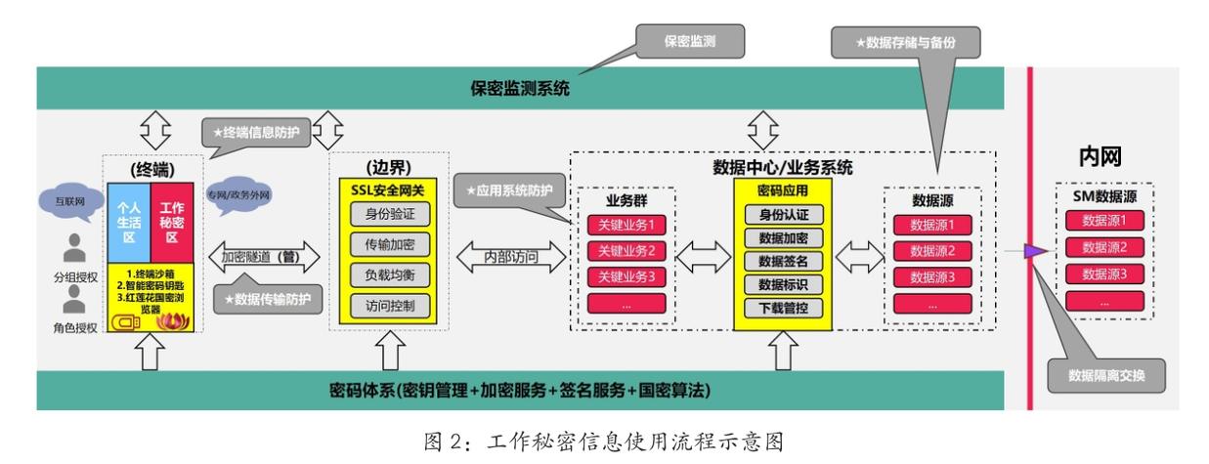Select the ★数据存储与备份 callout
(905, 43)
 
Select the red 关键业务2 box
(626, 251)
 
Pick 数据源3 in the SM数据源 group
(1101, 274)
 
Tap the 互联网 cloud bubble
(65, 203)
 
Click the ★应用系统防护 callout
(509, 189)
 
